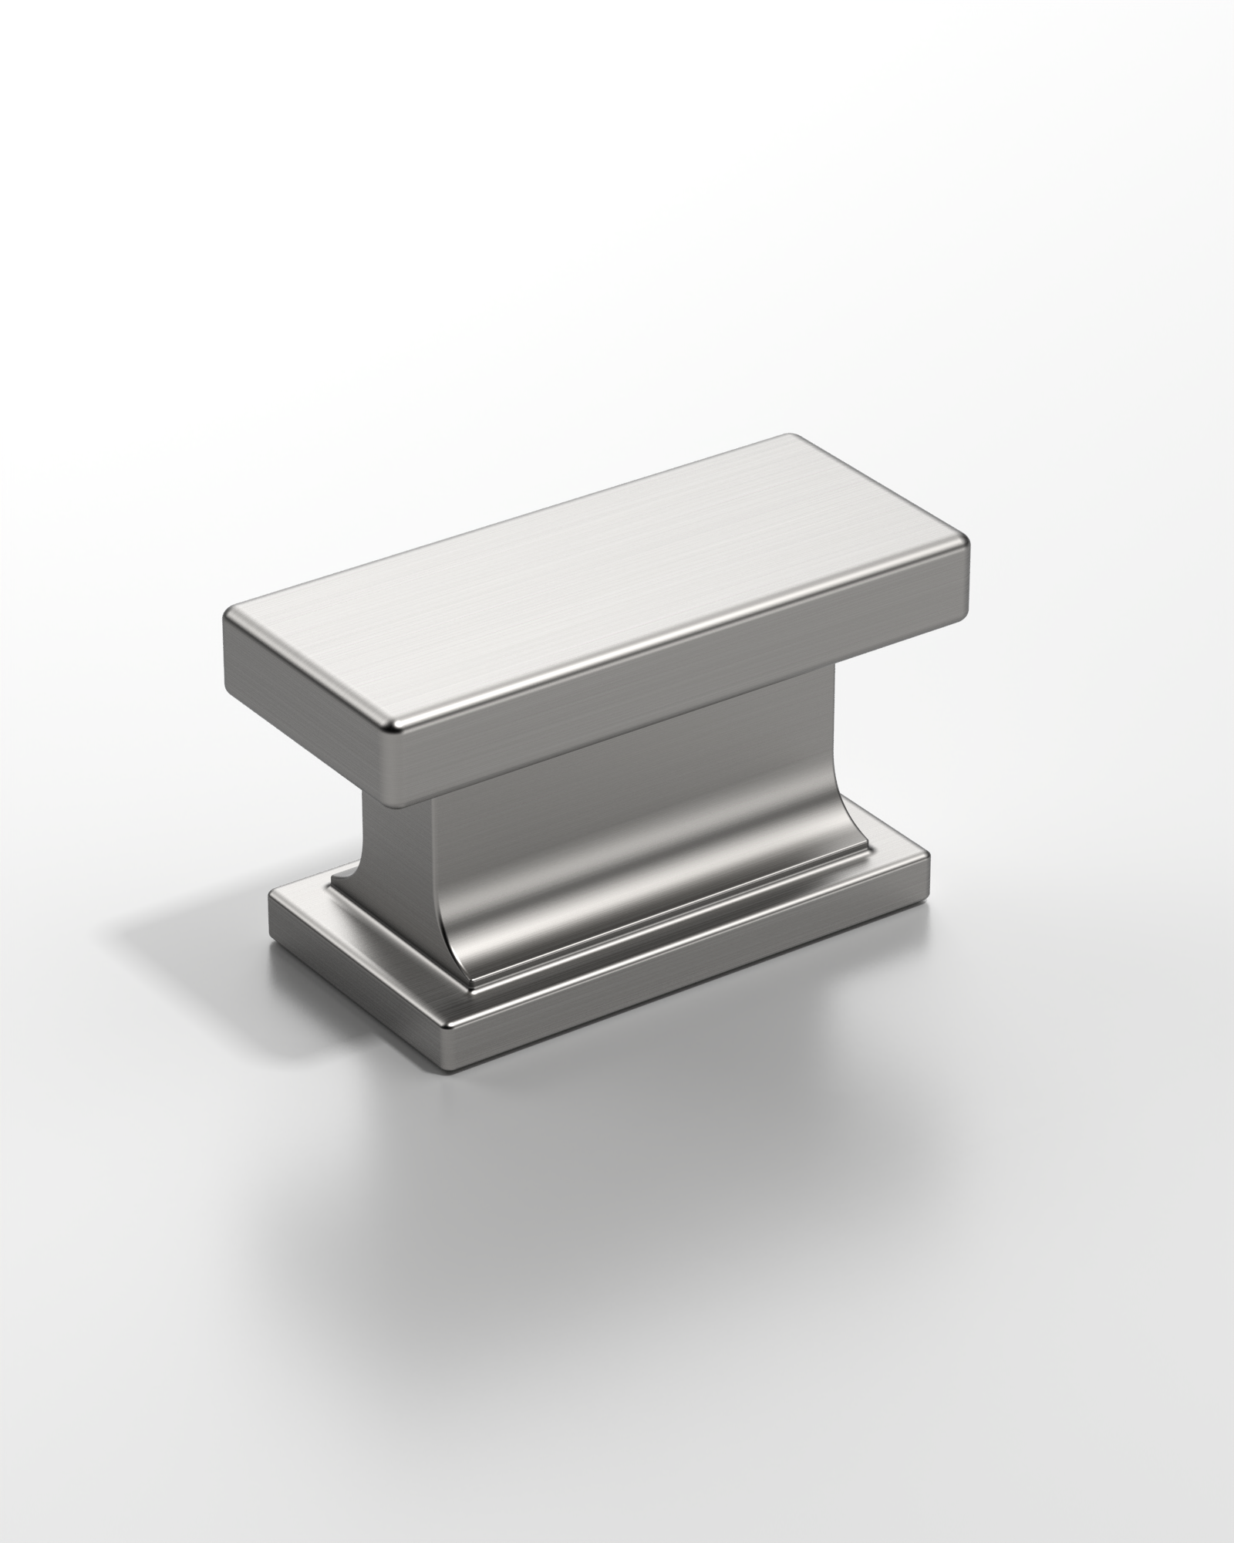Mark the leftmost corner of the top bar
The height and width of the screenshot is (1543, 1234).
[226, 640]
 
